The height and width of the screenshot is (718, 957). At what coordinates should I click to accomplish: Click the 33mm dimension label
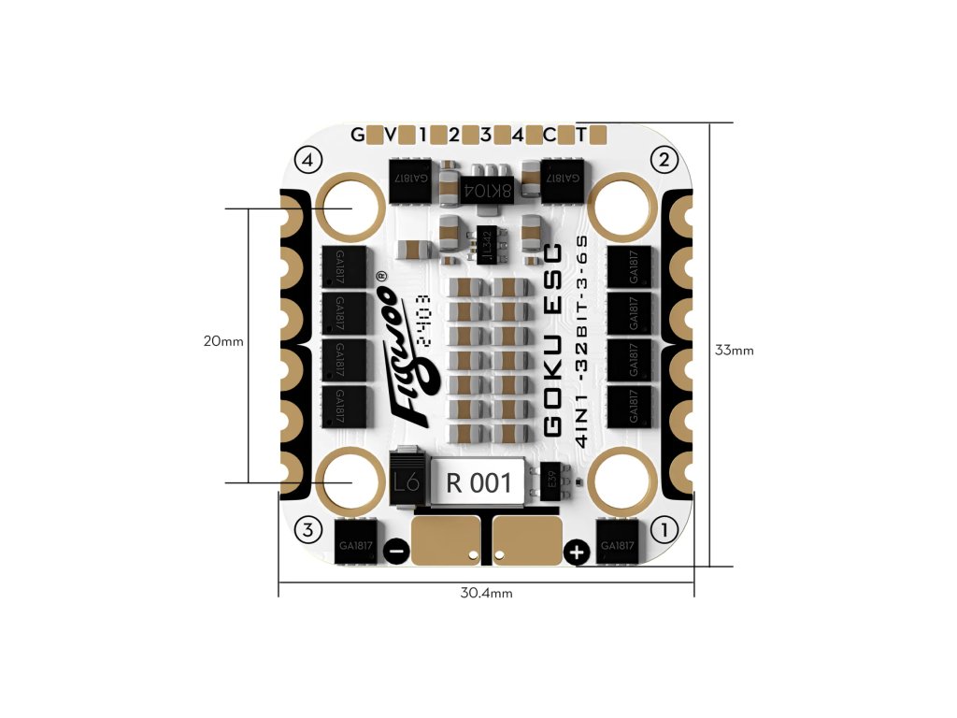[734, 351]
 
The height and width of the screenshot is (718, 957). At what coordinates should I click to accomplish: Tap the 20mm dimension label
[223, 341]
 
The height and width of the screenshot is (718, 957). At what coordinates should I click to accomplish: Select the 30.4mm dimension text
[486, 593]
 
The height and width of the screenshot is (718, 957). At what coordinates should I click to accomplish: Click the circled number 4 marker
[308, 160]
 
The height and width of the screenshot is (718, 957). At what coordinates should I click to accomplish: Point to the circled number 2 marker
[664, 160]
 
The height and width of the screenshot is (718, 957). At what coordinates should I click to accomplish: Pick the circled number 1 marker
[665, 530]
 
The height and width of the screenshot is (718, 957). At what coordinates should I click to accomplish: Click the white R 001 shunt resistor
[478, 482]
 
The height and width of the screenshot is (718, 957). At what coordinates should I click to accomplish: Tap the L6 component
[406, 482]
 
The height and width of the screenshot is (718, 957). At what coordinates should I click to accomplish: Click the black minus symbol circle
[395, 553]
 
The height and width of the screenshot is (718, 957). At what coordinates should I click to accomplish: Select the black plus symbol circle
[577, 553]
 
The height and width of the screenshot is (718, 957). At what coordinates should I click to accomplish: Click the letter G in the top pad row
[358, 135]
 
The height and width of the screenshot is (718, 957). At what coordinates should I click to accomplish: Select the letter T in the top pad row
[581, 135]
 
